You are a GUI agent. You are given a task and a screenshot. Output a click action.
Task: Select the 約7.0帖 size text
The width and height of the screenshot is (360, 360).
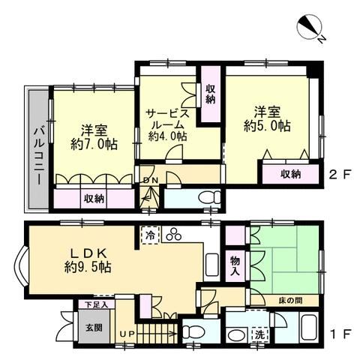pos(94,144)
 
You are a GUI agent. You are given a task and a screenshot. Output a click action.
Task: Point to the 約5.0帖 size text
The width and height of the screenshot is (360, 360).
pos(267,126)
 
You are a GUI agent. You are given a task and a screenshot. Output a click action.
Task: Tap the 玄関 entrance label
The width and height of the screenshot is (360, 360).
pos(94,328)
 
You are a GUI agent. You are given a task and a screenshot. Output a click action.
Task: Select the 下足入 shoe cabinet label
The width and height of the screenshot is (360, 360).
pos(96,304)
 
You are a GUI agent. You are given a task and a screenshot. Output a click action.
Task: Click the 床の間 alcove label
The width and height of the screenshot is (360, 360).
pos(290,300)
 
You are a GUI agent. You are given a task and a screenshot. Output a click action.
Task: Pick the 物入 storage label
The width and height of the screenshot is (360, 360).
pos(235,266)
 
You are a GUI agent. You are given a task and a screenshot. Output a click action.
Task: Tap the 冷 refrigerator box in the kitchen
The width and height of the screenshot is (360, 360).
pos(151,235)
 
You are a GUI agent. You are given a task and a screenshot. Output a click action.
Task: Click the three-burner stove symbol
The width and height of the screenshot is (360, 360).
pos(174,235)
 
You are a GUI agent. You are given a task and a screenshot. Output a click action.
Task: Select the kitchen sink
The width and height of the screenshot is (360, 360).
pos(212,265)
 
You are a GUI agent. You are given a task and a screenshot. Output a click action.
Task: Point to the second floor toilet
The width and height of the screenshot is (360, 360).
pos(209,197)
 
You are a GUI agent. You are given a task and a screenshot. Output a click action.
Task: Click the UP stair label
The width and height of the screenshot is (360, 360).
pos(127,334)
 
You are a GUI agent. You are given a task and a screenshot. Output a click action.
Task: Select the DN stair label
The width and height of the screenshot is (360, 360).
pos(151,180)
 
